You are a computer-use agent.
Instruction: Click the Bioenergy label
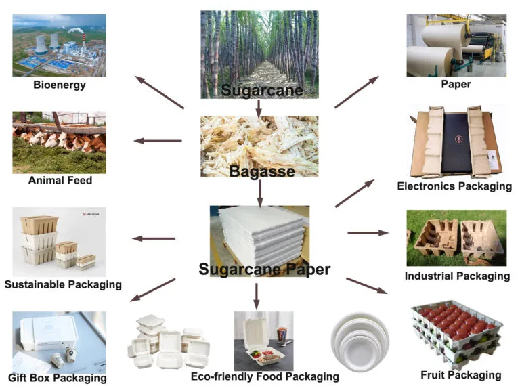(59, 85)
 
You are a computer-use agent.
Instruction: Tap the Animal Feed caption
(60, 181)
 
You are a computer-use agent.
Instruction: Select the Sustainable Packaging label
(63, 284)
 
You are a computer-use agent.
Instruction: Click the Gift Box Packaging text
(58, 377)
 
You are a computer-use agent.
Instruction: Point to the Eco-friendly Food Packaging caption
(265, 376)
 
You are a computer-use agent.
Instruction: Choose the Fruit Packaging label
(461, 374)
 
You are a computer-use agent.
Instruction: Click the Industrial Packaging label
(457, 276)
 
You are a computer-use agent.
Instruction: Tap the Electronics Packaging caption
(454, 186)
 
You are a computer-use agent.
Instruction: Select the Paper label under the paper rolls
(456, 85)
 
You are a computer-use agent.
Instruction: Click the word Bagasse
(261, 171)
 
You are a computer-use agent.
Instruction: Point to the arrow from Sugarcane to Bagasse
(259, 107)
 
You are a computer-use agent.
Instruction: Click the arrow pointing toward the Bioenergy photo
(160, 92)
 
